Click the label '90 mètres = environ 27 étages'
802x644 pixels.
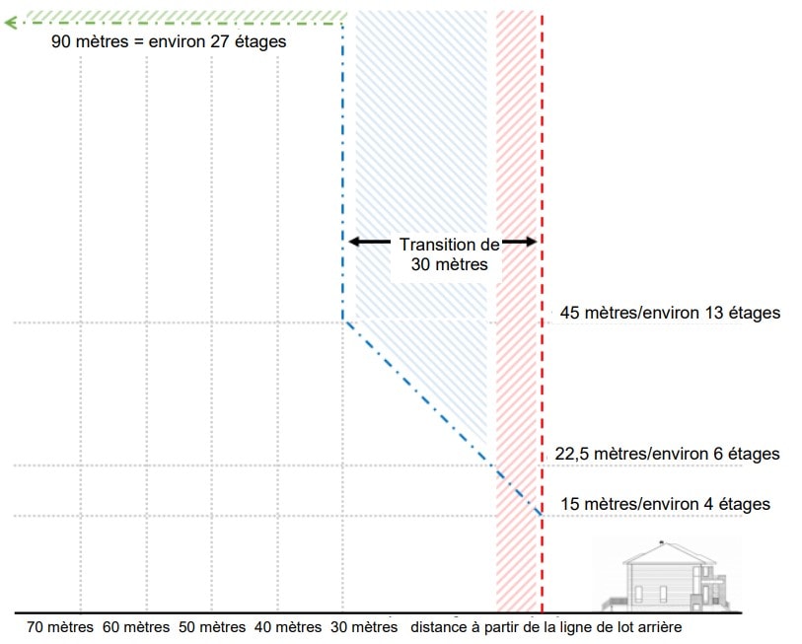(168, 43)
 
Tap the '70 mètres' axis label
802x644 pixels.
(60, 627)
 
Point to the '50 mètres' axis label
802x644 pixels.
(212, 627)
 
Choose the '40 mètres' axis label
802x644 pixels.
(288, 627)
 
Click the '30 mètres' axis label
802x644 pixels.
(364, 627)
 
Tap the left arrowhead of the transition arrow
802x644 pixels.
(351, 242)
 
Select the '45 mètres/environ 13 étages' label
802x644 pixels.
(670, 314)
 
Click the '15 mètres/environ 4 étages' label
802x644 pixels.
(665, 505)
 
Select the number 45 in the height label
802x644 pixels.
(569, 314)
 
